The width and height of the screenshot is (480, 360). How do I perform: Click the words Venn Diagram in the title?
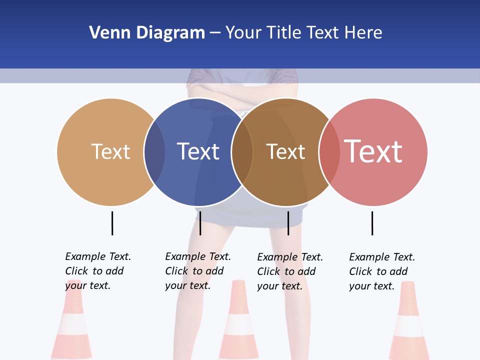[147, 33]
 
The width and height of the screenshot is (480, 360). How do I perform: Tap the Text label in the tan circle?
[110, 151]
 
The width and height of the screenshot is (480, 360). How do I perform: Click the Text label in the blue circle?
[198, 151]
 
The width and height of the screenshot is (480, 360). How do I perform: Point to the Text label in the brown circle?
[285, 151]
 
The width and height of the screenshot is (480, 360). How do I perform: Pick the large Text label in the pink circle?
[373, 151]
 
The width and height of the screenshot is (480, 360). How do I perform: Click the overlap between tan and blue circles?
[154, 152]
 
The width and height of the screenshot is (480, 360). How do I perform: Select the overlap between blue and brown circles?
[242, 152]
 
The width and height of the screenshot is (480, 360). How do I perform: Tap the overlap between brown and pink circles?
[329, 152]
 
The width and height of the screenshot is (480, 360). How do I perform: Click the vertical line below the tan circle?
[112, 223]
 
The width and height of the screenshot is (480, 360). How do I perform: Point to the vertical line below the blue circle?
[200, 223]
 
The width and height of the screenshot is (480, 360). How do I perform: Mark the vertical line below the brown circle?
[288, 223]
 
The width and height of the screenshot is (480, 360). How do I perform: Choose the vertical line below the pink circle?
[372, 223]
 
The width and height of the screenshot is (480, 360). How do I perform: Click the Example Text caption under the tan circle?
[98, 271]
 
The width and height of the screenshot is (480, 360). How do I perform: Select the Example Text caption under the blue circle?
[198, 271]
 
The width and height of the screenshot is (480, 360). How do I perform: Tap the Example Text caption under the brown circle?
[290, 271]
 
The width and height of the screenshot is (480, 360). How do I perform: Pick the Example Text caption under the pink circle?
[382, 271]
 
